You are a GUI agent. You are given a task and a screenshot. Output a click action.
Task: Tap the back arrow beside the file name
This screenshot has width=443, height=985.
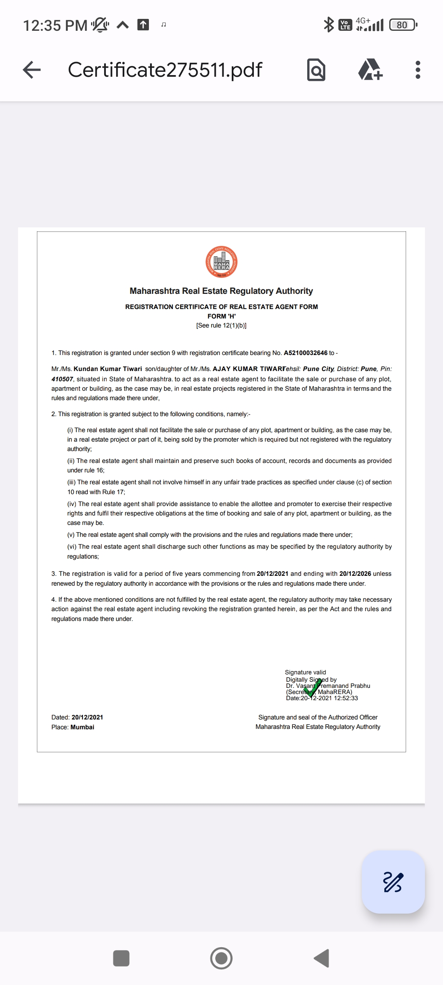pyautogui.click(x=32, y=70)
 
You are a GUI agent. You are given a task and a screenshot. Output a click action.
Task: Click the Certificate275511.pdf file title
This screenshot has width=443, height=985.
pyautogui.click(x=165, y=70)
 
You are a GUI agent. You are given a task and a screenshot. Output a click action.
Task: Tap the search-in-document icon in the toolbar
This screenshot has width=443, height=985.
pyautogui.click(x=316, y=70)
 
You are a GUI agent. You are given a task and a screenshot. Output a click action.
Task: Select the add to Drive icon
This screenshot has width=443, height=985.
pyautogui.click(x=370, y=70)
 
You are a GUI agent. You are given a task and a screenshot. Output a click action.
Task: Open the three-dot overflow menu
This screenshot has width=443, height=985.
pyautogui.click(x=418, y=70)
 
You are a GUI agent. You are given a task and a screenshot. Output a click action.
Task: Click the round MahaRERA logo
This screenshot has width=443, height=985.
pyautogui.click(x=221, y=262)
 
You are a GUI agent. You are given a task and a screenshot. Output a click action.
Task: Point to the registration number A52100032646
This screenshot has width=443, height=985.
pyautogui.click(x=306, y=353)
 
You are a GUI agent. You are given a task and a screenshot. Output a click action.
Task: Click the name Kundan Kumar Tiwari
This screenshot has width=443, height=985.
pyautogui.click(x=108, y=369)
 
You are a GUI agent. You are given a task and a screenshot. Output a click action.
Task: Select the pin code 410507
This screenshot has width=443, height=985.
pyautogui.click(x=62, y=379)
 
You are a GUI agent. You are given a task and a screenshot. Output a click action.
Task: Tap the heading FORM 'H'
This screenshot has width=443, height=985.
pyautogui.click(x=221, y=316)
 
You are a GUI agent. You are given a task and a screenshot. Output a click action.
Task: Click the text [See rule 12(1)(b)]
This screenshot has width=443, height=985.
pyautogui.click(x=221, y=325)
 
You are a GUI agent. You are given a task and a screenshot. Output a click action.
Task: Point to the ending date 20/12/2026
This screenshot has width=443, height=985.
pyautogui.click(x=355, y=574)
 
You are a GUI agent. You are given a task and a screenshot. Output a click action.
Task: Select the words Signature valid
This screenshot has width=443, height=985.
pyautogui.click(x=305, y=672)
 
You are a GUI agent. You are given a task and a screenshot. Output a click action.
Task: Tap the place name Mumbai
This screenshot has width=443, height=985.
pyautogui.click(x=82, y=727)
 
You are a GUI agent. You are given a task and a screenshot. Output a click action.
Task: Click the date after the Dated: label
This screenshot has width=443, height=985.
pyautogui.click(x=87, y=717)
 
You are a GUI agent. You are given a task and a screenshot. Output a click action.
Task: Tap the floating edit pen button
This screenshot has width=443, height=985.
pyautogui.click(x=393, y=882)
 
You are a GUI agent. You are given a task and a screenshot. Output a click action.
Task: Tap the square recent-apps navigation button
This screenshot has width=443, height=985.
pyautogui.click(x=121, y=958)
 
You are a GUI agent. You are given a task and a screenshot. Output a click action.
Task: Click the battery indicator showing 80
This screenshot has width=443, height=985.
pyautogui.click(x=403, y=25)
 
